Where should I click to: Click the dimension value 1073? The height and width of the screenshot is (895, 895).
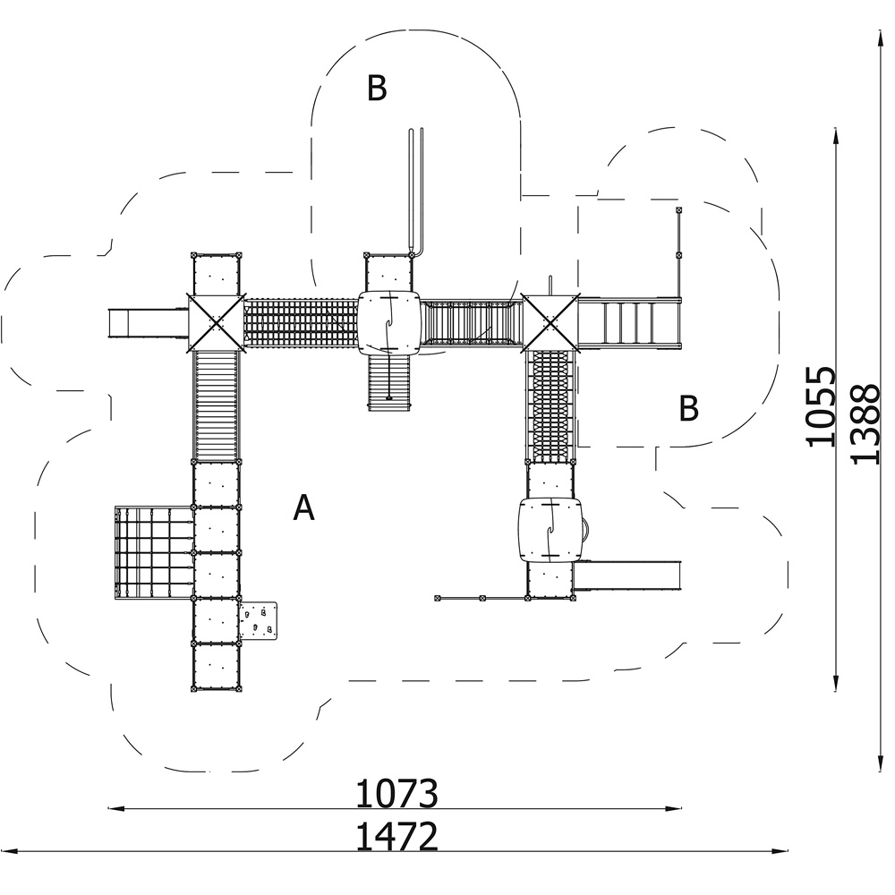pos(396,793)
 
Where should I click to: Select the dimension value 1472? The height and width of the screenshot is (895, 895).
pos(396,836)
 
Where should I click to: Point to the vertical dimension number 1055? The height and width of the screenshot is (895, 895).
pos(821,405)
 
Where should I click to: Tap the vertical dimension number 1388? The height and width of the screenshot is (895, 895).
pos(865,424)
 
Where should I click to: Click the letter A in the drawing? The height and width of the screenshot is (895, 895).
pos(303,507)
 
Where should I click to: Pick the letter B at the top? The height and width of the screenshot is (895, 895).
pos(377,88)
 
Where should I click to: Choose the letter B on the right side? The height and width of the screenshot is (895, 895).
pos(689,408)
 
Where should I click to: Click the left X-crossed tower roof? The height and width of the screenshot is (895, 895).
pos(216,322)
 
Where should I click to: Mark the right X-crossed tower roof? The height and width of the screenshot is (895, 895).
pos(550,323)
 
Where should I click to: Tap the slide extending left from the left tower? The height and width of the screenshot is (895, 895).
pos(149,323)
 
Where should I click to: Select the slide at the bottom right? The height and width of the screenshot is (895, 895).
pos(627,575)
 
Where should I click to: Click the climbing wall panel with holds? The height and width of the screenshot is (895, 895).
pos(258,620)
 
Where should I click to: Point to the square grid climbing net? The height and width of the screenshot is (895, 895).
pos(154,552)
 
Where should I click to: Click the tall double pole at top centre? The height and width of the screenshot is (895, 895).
pos(416,192)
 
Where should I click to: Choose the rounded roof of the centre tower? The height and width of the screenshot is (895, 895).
pos(388,323)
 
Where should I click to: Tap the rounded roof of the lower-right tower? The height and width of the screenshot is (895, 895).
pos(550,530)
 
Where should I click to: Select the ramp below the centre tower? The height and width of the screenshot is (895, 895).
pos(388,382)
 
